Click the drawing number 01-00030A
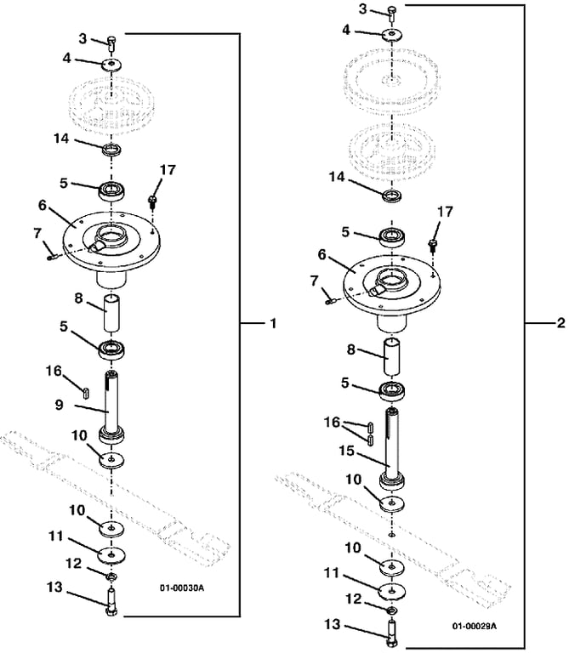coord(182,588)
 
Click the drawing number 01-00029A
coord(475,626)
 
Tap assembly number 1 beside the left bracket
coord(273,323)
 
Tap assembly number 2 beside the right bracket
coord(560,323)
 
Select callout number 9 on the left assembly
coord(60,405)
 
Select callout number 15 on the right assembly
coord(346,451)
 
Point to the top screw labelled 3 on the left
coord(111,43)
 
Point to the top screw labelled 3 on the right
coord(392,14)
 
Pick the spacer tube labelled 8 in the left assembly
coord(111,313)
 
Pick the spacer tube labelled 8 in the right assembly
coord(391,358)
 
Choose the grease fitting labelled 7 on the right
coord(331,301)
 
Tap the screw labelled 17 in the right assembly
coord(433,245)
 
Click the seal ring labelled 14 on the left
coord(111,150)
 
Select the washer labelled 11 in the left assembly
coord(112,555)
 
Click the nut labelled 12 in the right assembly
coord(391,611)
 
